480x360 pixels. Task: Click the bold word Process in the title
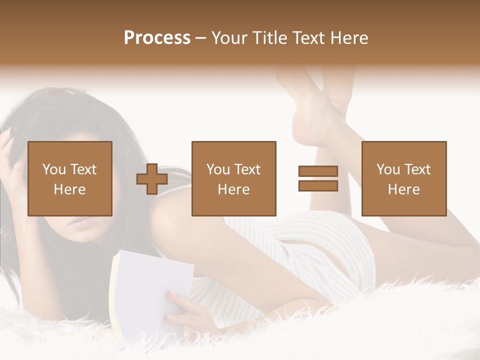[157, 38]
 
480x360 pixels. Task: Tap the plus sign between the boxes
[152, 179]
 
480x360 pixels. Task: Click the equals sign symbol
[318, 178]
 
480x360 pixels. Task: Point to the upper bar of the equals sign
[318, 171]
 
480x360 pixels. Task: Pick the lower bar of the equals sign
[318, 186]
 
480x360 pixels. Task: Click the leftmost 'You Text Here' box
[70, 178]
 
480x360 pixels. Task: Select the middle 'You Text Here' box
[234, 178]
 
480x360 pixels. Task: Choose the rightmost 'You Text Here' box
[404, 178]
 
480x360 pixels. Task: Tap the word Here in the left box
[70, 189]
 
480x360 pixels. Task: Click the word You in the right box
[388, 169]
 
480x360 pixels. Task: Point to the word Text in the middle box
[248, 169]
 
